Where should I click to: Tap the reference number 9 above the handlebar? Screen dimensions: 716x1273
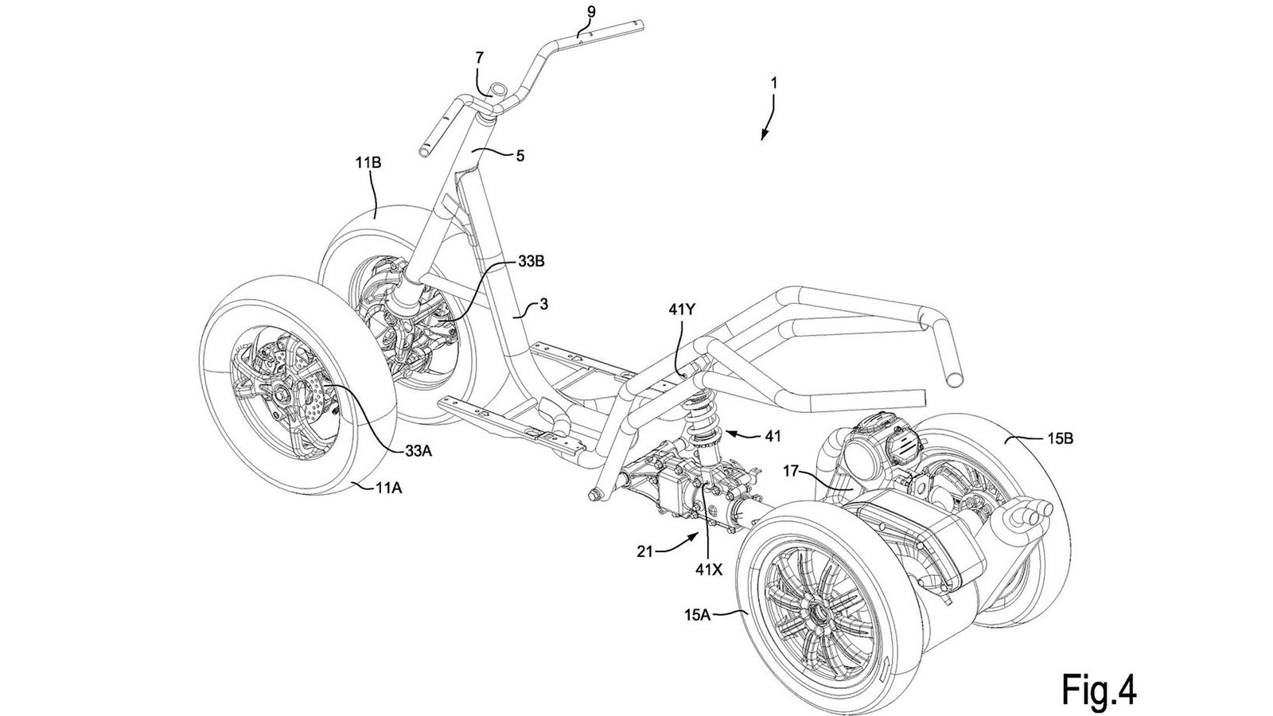[x=590, y=11]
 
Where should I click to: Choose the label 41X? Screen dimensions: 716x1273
[x=708, y=569]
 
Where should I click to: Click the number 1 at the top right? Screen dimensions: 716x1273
[x=775, y=81]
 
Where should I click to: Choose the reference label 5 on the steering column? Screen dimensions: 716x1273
[x=520, y=157]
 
